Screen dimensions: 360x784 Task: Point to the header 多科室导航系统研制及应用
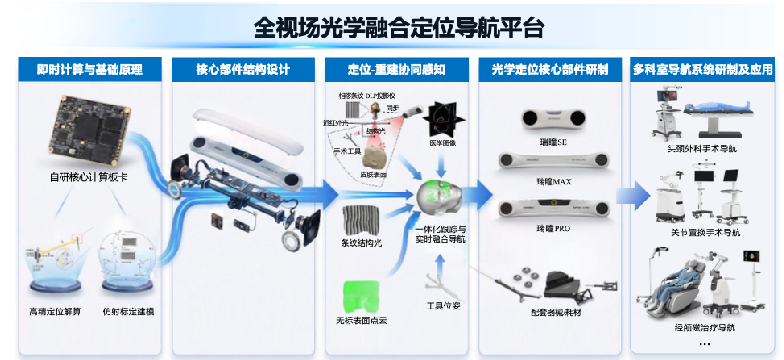(703, 70)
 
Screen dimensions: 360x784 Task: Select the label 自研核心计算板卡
(87, 178)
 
